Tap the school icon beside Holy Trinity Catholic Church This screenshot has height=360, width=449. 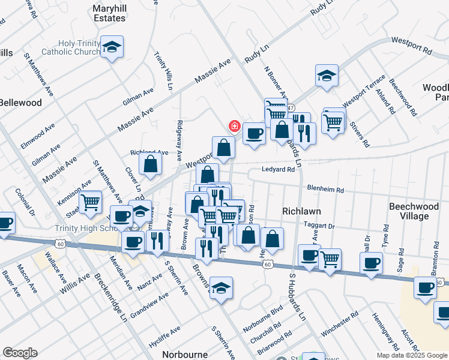(x=112, y=47)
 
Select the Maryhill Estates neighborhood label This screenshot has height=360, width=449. (x=109, y=13)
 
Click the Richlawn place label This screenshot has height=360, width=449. (x=301, y=211)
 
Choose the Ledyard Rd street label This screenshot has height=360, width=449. (x=278, y=170)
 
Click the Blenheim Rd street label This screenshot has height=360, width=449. (x=325, y=190)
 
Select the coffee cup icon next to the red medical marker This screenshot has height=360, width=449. (x=254, y=133)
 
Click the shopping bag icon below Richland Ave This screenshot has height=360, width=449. (x=150, y=163)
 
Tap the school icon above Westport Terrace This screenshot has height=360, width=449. (x=327, y=76)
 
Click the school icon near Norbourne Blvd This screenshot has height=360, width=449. (x=221, y=288)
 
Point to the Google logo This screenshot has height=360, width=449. (x=20, y=353)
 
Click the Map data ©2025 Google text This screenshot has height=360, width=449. (x=412, y=355)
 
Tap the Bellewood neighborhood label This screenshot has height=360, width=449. (x=21, y=103)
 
